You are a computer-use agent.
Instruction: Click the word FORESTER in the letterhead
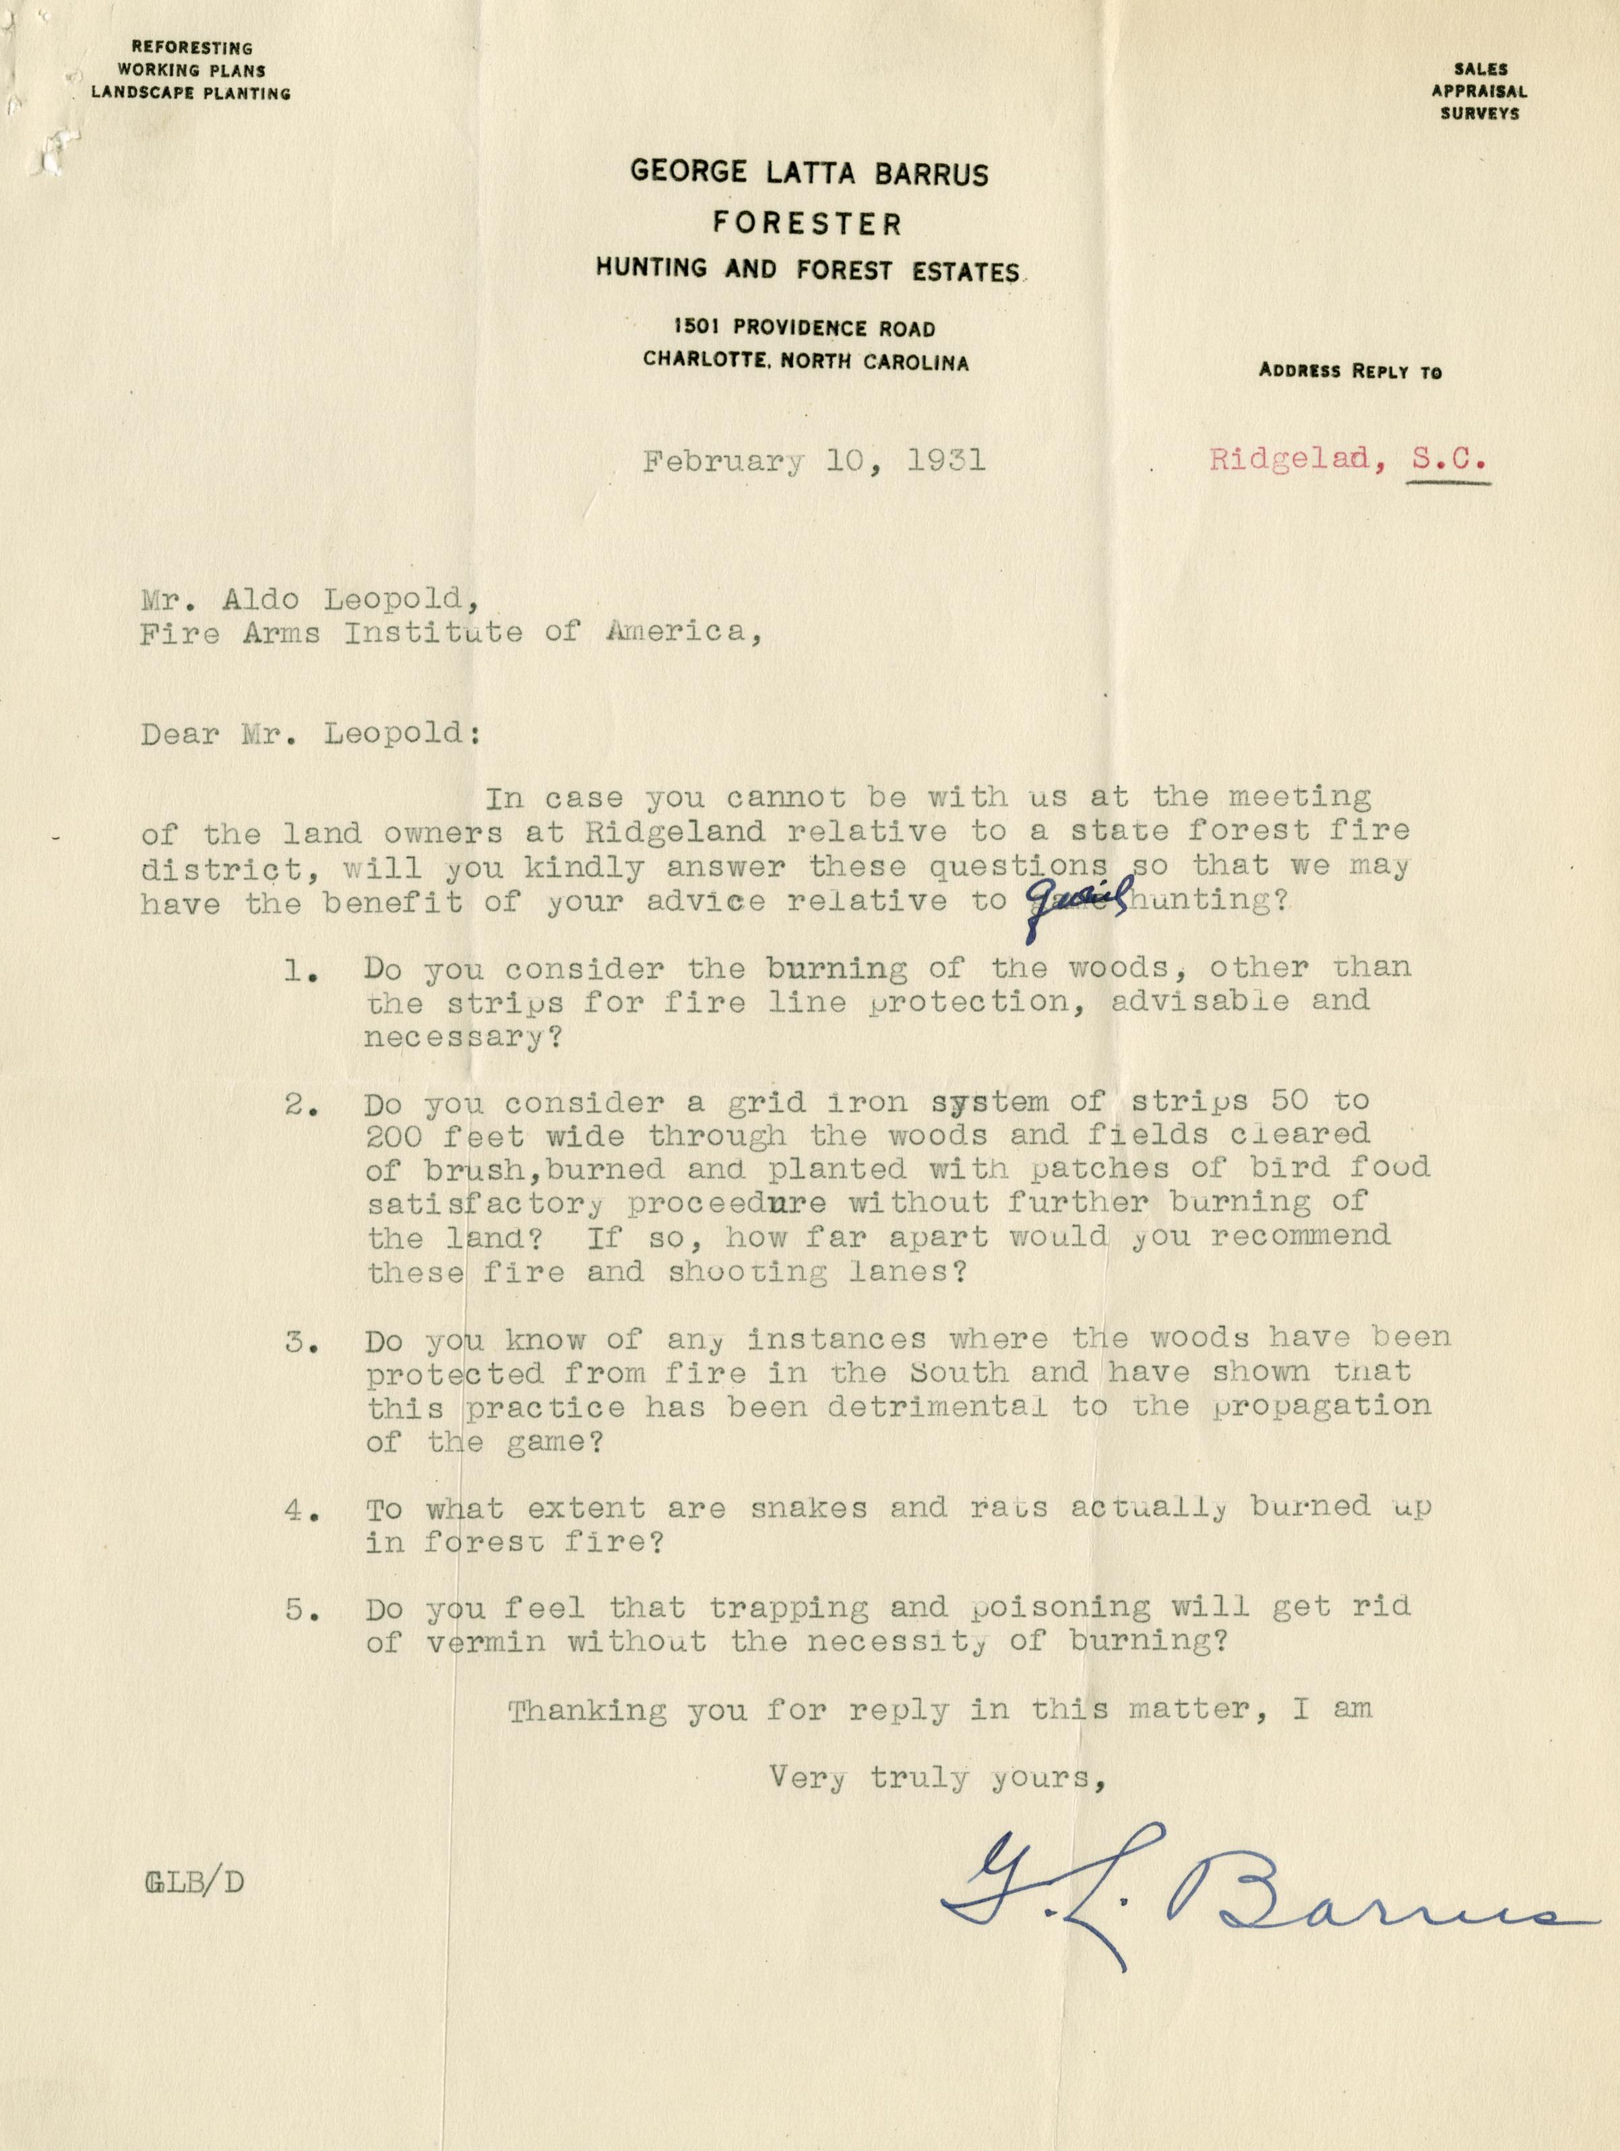click(807, 224)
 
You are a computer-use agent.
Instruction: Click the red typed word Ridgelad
click(1289, 460)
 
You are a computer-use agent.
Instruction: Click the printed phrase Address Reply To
click(1350, 371)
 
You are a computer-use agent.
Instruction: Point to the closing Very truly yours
click(938, 1778)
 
